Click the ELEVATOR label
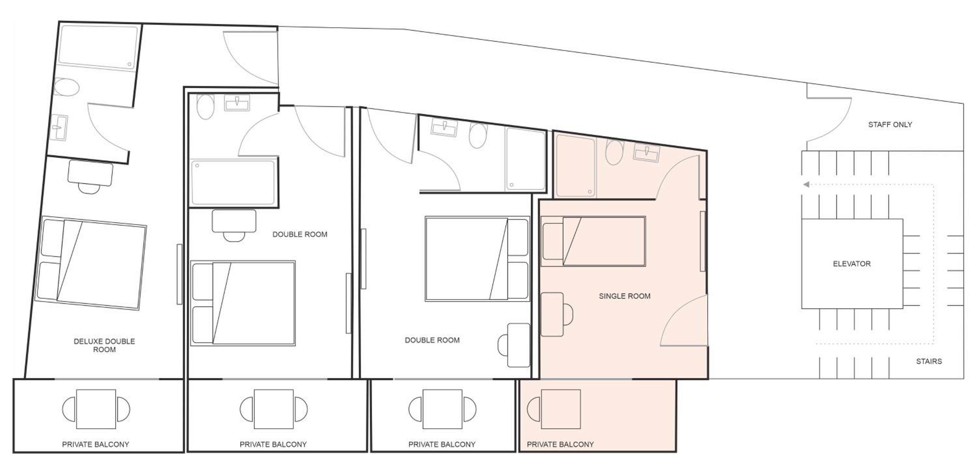click(852, 264)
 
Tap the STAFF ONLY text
click(890, 125)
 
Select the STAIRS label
click(929, 361)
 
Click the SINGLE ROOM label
click(624, 296)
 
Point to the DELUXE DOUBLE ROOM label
click(104, 345)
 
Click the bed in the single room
click(593, 241)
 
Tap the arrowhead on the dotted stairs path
click(806, 185)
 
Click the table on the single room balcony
click(560, 409)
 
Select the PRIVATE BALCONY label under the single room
click(560, 444)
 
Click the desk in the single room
click(552, 314)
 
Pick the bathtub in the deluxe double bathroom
click(98, 48)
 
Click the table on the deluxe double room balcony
click(96, 409)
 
